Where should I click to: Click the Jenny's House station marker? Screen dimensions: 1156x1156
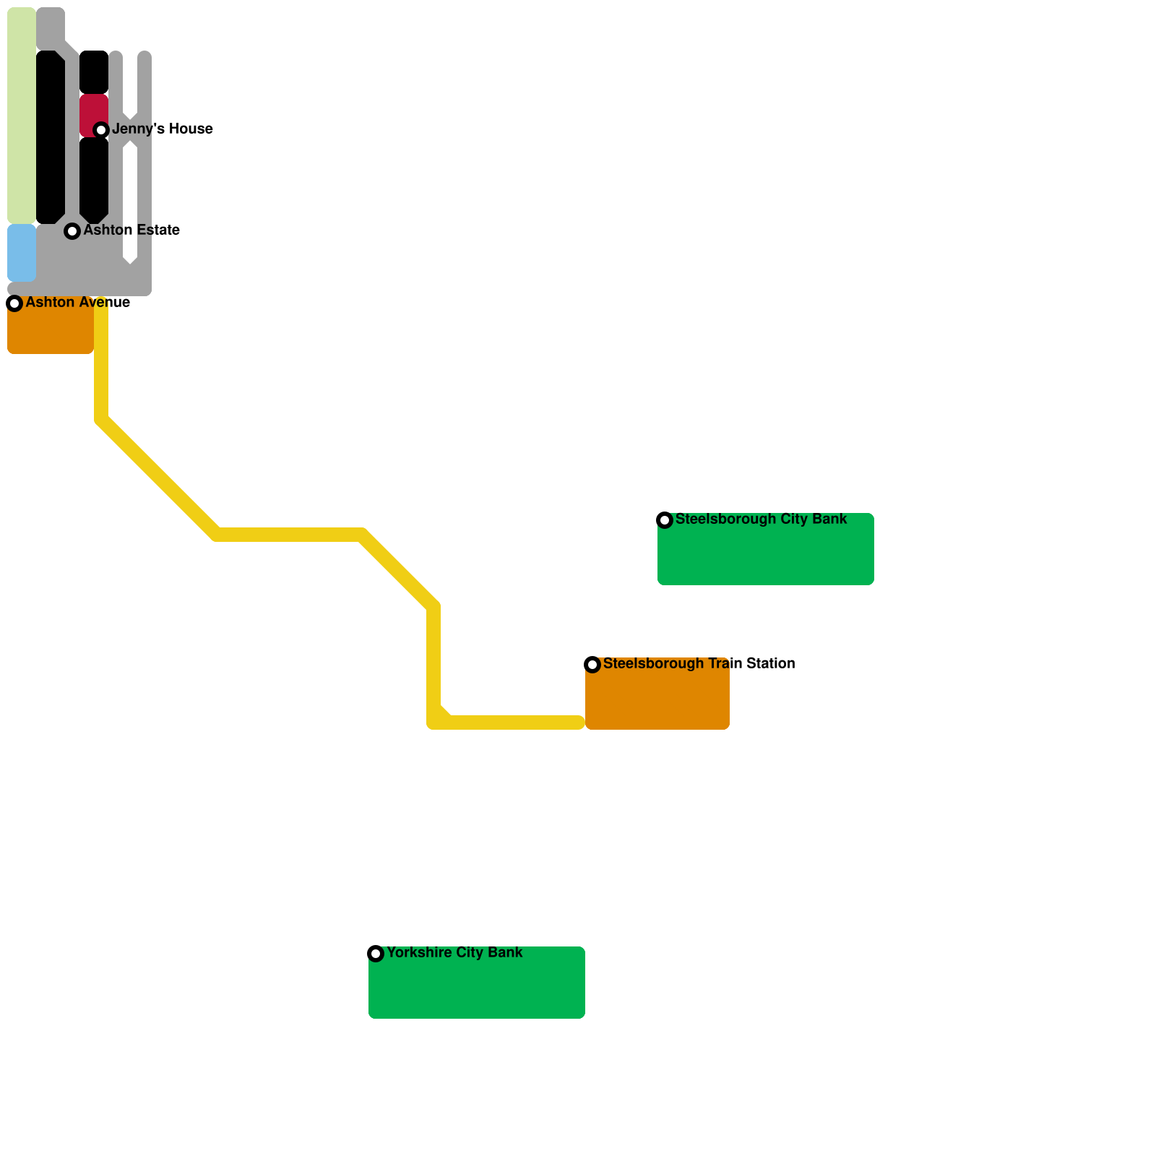click(101, 130)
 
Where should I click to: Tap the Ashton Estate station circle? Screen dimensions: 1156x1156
click(72, 231)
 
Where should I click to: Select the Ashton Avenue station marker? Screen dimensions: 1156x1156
click(14, 303)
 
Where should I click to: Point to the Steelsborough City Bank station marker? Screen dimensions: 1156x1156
click(665, 520)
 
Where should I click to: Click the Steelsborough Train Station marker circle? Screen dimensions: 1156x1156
click(592, 665)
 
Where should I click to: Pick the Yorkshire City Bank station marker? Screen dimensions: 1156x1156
click(376, 954)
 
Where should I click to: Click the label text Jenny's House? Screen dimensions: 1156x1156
click(163, 129)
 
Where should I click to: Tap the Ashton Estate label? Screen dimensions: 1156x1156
click(131, 230)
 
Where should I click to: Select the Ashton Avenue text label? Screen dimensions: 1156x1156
click(78, 303)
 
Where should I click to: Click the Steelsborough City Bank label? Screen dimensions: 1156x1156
click(761, 519)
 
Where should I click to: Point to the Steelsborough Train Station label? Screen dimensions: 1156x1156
click(699, 664)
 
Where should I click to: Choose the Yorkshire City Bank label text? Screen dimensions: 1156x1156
click(454, 953)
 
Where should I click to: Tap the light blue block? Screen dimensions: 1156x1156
click(22, 253)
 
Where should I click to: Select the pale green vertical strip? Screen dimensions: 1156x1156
click(22, 116)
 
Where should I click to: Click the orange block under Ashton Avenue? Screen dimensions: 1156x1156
click(51, 332)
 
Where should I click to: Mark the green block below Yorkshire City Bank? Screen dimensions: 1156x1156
click(477, 990)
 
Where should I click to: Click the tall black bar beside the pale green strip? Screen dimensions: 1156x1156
click(51, 137)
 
